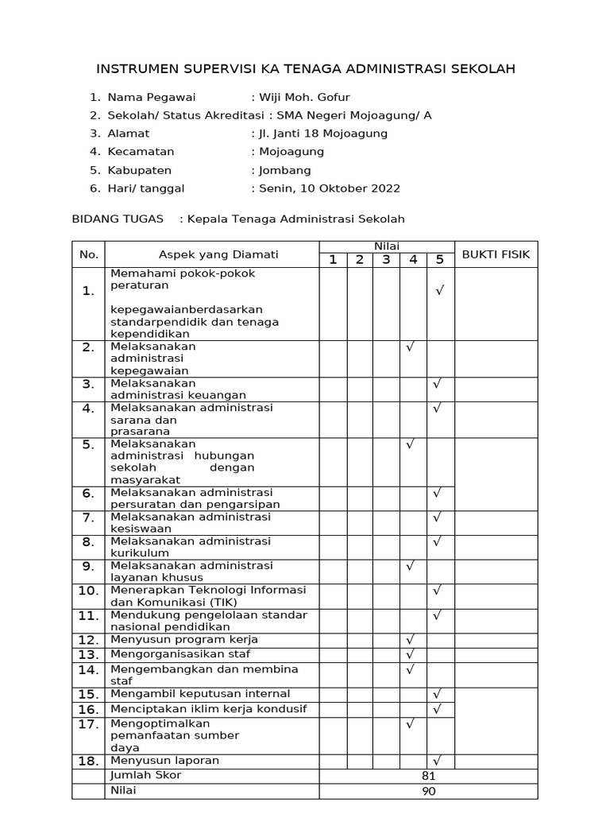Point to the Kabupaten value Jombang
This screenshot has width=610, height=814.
tap(284, 170)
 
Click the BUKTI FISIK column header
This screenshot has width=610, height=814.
tap(496, 254)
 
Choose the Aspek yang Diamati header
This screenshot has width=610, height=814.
tap(218, 254)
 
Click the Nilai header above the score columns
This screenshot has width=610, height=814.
tap(386, 246)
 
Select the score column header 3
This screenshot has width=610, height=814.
tap(386, 260)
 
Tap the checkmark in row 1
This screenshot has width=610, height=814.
tap(438, 291)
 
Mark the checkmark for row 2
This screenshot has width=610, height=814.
tap(411, 347)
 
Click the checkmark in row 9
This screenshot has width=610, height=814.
tap(411, 566)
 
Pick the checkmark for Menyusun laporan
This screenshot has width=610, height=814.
tap(438, 761)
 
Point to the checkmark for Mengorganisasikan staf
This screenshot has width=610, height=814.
tap(411, 654)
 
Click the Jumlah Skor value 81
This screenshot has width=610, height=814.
tap(429, 776)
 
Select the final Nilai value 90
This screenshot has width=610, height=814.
tap(429, 791)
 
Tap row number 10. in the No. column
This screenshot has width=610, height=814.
tap(89, 591)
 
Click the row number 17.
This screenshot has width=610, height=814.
tap(89, 724)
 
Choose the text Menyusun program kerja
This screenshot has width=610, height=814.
tap(184, 639)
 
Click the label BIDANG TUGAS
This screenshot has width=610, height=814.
tap(118, 219)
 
